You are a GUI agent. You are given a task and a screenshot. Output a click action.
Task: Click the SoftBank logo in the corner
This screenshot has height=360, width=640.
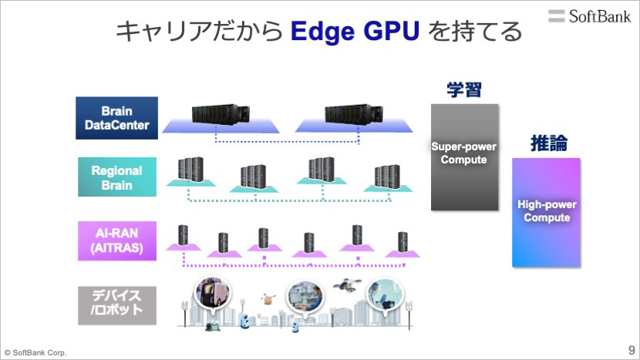(x=589, y=16)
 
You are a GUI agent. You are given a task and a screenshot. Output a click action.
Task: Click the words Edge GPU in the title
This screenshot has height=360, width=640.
(x=355, y=32)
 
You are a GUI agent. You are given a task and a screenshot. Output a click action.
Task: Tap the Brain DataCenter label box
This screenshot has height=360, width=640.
(x=116, y=118)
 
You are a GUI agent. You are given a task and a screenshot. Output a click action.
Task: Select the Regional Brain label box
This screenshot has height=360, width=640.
(x=117, y=177)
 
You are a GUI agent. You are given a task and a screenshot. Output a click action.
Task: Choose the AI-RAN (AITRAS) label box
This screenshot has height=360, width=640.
(x=117, y=241)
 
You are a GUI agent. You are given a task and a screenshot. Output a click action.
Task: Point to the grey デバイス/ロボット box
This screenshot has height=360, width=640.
(x=117, y=305)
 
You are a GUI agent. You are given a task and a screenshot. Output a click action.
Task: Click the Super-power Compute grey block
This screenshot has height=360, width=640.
(x=464, y=157)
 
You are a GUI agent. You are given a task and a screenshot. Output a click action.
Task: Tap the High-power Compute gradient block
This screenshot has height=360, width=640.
(x=546, y=212)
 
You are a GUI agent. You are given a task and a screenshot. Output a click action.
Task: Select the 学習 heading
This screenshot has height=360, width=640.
(x=464, y=89)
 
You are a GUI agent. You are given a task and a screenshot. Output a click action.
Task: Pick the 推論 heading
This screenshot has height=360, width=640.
(x=548, y=143)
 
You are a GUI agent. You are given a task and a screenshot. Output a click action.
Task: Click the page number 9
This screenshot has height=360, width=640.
(x=632, y=350)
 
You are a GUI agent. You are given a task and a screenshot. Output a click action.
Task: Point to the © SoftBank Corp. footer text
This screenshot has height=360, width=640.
(x=35, y=352)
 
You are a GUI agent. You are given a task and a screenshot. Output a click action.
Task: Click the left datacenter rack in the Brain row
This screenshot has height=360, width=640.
(x=221, y=114)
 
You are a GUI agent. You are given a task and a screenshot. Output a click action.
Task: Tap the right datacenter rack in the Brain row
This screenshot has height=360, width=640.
(x=353, y=114)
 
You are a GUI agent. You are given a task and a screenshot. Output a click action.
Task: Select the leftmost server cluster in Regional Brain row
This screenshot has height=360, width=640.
(x=190, y=169)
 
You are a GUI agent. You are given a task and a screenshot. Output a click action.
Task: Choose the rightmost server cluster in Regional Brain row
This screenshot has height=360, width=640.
(x=387, y=177)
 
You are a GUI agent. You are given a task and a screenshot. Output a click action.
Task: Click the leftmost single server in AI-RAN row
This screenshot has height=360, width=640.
(x=183, y=236)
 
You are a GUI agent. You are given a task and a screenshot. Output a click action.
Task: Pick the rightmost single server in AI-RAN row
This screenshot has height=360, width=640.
(x=403, y=242)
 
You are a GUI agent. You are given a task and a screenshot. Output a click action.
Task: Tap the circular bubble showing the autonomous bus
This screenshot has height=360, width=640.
(x=212, y=293)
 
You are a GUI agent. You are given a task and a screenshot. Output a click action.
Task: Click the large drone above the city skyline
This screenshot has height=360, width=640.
(x=346, y=284)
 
